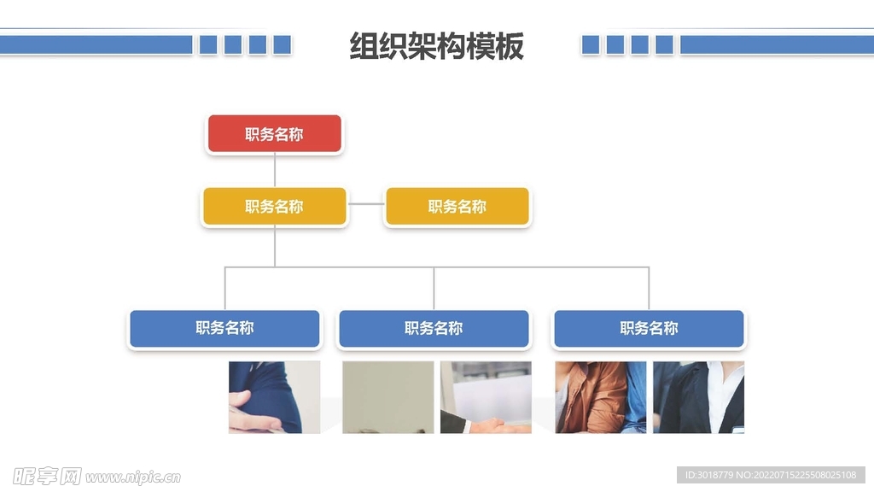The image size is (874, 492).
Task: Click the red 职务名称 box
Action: click(274, 134)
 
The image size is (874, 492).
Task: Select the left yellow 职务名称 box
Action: click(274, 207)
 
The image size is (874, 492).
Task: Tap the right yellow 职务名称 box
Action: click(457, 207)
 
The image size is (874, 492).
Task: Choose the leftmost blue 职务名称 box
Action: click(224, 329)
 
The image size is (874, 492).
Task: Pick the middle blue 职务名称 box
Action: click(434, 329)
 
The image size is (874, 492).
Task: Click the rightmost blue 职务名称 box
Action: click(649, 329)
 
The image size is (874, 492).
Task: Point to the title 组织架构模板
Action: click(436, 46)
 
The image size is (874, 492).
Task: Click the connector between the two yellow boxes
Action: click(366, 205)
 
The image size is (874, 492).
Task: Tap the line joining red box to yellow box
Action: click(275, 170)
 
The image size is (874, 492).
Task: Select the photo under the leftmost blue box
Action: click(274, 397)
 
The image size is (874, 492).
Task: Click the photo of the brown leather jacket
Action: click(601, 397)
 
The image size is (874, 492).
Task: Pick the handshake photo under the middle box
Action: click(486, 397)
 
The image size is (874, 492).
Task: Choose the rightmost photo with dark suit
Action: click(698, 397)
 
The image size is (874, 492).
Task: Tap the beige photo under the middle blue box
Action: click(387, 397)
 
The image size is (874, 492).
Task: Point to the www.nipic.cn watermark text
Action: click(133, 477)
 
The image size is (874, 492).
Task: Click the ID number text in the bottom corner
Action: click(770, 475)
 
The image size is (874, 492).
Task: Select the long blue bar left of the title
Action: click(96, 44)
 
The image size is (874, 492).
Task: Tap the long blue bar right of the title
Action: click(777, 44)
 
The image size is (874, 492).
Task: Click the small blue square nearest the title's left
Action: click(282, 44)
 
